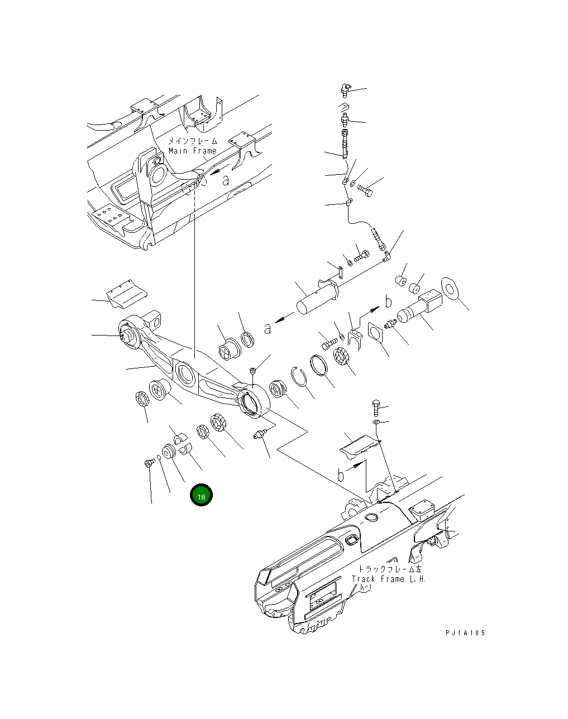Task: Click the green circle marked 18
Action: [x=201, y=495]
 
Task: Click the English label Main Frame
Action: [x=192, y=151]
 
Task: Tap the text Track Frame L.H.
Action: [x=389, y=579]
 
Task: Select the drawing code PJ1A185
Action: [x=465, y=632]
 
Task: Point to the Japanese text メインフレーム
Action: [x=193, y=142]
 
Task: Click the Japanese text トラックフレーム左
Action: [x=390, y=569]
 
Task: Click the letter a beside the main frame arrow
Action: [x=226, y=180]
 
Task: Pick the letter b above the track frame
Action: [x=341, y=476]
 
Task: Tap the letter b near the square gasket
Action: [x=388, y=302]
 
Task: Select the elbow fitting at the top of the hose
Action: [x=345, y=89]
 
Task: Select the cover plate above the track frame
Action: [x=360, y=443]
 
